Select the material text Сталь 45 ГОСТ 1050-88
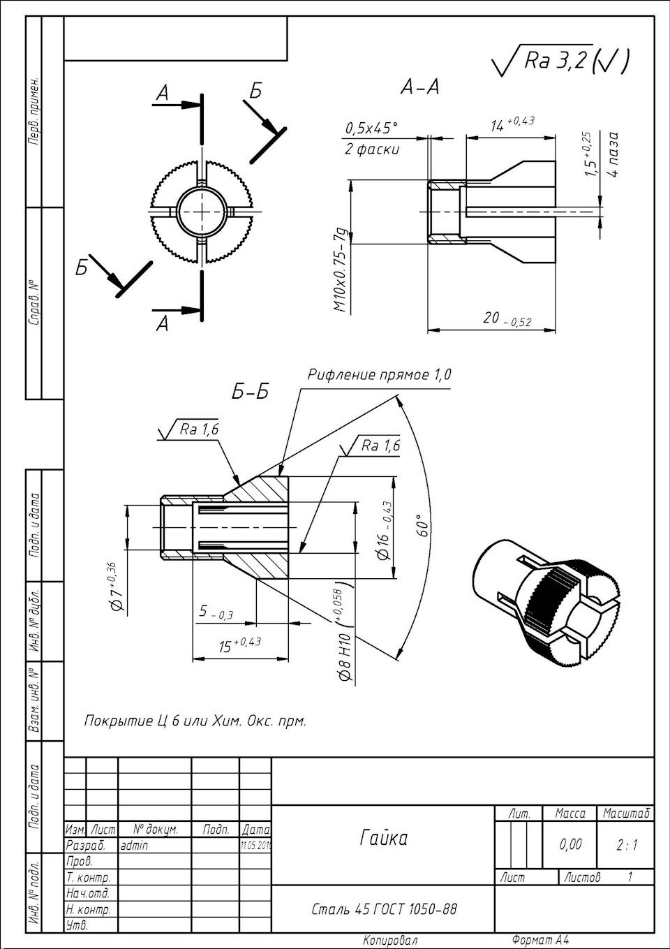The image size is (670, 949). click(x=385, y=908)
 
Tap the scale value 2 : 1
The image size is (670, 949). click(x=627, y=845)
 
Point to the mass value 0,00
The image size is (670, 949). click(x=570, y=845)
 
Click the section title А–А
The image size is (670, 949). click(x=419, y=87)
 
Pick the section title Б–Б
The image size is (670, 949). click(x=251, y=392)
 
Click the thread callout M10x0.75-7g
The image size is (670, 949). click(x=340, y=269)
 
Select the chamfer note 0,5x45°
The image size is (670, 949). click(x=371, y=128)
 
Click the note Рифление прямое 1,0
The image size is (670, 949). click(x=380, y=375)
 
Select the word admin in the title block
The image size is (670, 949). click(x=134, y=845)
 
